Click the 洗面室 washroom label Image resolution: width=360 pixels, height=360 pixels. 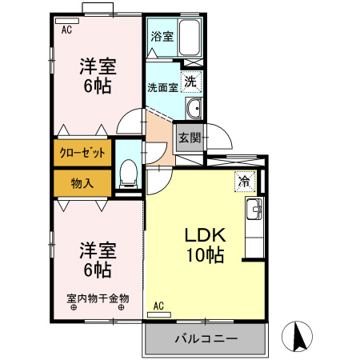click(162, 87)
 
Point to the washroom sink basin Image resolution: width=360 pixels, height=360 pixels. click(193, 110)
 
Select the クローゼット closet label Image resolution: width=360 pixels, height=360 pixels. click(82, 151)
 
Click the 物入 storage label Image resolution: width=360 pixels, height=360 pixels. click(82, 183)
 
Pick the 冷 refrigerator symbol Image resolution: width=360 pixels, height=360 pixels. click(243, 181)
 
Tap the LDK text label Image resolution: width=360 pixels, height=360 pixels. click(207, 236)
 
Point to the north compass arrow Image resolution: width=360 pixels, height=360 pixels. click(299, 335)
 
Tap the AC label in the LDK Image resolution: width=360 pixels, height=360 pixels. click(158, 305)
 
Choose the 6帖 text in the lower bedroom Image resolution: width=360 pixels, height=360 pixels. click(98, 270)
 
